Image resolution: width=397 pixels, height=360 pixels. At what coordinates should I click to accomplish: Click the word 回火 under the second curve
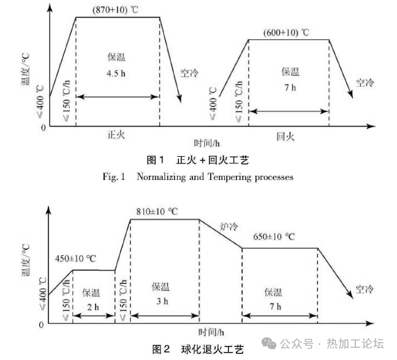point(285,137)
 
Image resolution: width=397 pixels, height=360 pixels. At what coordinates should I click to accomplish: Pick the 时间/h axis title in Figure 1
point(207,143)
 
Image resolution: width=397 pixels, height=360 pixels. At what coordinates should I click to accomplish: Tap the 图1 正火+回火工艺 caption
point(198,160)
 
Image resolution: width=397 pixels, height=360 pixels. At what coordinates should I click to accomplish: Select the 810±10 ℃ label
point(157,212)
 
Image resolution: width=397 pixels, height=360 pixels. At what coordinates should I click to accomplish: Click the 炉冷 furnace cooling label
point(228,227)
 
